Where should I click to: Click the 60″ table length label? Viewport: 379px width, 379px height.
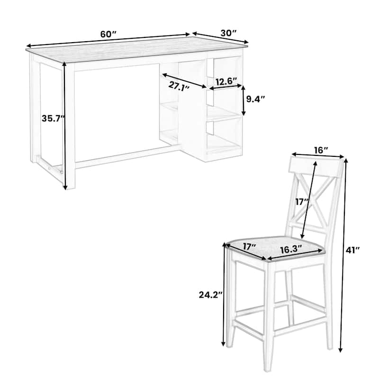(x=108, y=35)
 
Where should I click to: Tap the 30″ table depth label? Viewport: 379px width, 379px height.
(x=228, y=33)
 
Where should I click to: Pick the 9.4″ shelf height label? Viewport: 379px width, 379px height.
(x=255, y=99)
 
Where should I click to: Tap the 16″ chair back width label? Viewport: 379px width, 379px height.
(x=321, y=150)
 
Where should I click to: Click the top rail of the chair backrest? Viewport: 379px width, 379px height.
(x=316, y=166)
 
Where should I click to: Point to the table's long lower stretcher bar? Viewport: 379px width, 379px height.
(x=128, y=157)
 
